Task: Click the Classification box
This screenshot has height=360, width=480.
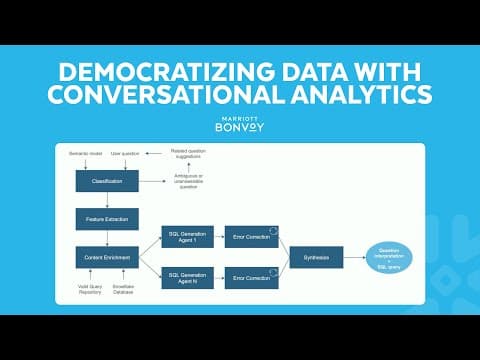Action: (x=107, y=181)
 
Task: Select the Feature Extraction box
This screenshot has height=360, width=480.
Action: (x=107, y=217)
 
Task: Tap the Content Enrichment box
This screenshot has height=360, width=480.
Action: (x=107, y=256)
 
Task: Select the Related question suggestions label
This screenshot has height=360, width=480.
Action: (x=191, y=152)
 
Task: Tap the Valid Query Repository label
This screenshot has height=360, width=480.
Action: (x=91, y=291)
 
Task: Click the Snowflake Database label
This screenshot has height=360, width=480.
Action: (x=125, y=291)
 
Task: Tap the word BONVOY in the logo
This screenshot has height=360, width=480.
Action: (x=240, y=128)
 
